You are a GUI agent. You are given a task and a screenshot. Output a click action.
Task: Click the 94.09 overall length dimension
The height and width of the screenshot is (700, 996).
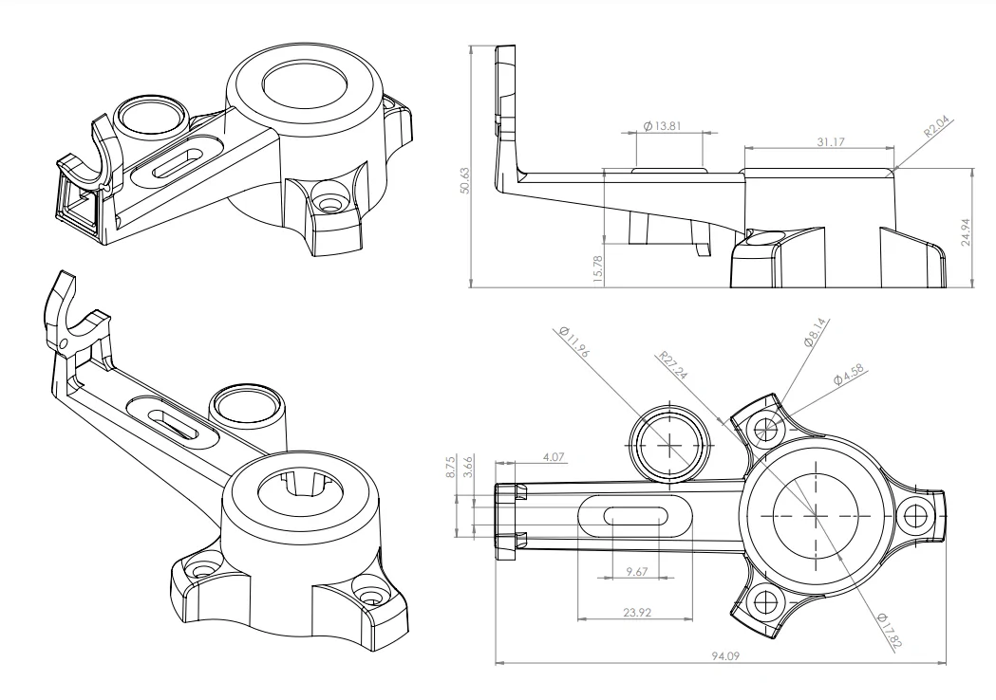(723, 654)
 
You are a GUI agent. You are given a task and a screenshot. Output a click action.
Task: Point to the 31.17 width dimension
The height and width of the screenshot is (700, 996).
(818, 140)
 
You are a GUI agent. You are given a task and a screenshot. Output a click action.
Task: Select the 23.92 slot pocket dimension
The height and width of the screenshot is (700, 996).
(636, 613)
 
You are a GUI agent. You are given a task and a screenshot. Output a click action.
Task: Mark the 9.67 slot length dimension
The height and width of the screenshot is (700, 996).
(636, 572)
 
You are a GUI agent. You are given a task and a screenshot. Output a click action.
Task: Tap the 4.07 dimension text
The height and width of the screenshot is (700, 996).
(553, 456)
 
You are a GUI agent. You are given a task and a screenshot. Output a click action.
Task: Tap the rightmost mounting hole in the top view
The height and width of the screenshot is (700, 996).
(915, 515)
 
